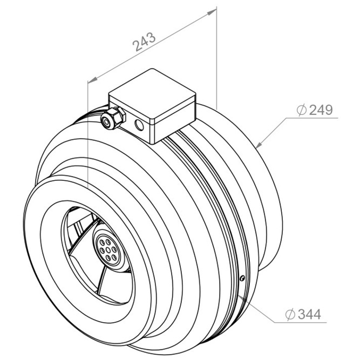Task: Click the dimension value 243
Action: click(145, 42)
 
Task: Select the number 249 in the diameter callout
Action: click(321, 110)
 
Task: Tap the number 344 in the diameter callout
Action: click(309, 314)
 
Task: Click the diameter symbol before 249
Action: click(302, 110)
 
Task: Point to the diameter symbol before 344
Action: click(290, 314)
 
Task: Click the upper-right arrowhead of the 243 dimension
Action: click(212, 12)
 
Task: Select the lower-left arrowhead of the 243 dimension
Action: click(92, 79)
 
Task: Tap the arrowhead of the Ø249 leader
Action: click(259, 145)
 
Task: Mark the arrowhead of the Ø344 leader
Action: click(241, 298)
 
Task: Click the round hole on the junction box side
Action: click(139, 125)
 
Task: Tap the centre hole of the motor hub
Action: click(108, 250)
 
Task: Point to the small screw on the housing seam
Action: click(242, 279)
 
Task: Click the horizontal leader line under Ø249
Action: click(312, 118)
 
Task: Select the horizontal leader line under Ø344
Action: click(300, 322)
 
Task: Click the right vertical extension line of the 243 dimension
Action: click(216, 58)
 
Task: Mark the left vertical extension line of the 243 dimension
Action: click(88, 135)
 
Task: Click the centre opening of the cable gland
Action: click(106, 121)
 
